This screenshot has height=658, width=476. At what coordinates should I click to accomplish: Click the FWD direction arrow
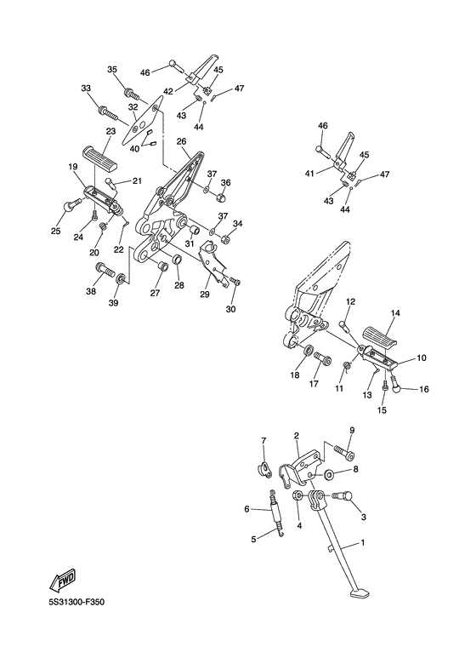coord(61,580)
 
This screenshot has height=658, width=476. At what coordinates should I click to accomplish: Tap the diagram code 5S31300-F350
coord(76,602)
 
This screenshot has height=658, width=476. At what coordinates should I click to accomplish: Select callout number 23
coord(110,131)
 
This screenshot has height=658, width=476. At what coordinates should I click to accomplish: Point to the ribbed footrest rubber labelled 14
coord(382,336)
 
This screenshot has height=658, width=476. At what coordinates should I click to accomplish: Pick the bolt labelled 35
coord(131,93)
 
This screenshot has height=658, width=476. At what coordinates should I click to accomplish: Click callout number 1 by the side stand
coord(363,542)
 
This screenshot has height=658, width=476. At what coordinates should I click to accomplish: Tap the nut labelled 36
coord(223,196)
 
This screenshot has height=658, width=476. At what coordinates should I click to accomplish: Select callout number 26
coord(181,141)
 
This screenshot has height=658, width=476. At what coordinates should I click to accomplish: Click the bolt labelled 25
coord(72,204)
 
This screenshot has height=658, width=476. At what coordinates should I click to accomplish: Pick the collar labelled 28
coord(178,260)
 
